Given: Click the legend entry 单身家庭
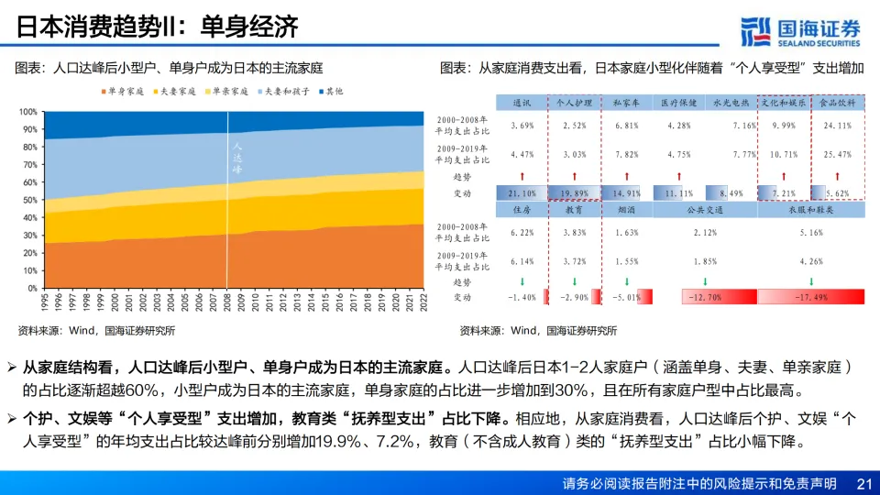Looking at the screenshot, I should (x=123, y=92).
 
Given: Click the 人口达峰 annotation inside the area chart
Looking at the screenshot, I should (x=236, y=158).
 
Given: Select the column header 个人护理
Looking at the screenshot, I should (x=575, y=104).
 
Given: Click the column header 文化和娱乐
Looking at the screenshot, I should (x=784, y=104).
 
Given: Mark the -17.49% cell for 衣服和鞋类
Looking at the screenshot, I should (x=810, y=297).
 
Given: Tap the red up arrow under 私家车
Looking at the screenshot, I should (x=627, y=175).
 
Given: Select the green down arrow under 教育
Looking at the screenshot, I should (x=575, y=280).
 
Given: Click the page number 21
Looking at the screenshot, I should (x=861, y=483).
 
